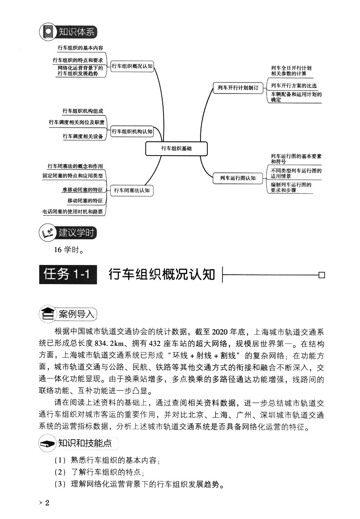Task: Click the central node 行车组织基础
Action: [176, 148]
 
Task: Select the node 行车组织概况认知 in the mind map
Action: [132, 66]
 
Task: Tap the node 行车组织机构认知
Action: [132, 132]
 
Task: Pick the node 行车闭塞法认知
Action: [132, 190]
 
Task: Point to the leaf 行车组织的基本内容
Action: [80, 47]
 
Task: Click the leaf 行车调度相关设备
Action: [82, 136]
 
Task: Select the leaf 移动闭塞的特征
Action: [85, 201]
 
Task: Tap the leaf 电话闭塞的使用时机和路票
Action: [72, 212]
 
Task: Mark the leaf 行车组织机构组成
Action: [82, 111]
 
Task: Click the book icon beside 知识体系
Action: [47, 32]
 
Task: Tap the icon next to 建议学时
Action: [47, 233]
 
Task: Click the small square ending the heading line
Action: [322, 275]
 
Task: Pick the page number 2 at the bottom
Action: [53, 503]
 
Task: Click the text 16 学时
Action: [68, 249]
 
